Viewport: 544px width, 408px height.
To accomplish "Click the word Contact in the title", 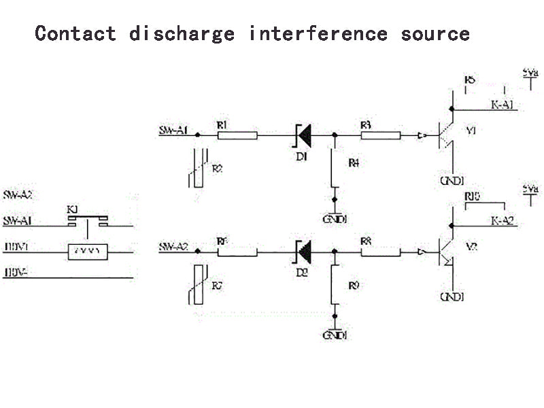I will [x=75, y=33].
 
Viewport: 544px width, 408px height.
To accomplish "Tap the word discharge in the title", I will [x=182, y=33].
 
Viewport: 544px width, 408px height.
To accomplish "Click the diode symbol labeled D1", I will [x=303, y=135].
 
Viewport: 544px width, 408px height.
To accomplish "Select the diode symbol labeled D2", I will [x=303, y=252].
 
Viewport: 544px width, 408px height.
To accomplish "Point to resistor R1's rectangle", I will [x=237, y=135].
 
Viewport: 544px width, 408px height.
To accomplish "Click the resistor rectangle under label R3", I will [x=380, y=135].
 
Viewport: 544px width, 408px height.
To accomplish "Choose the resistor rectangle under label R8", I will [x=380, y=252].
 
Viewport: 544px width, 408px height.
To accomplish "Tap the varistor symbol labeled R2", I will [x=197, y=168].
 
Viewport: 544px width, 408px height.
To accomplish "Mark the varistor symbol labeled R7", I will [x=197, y=286].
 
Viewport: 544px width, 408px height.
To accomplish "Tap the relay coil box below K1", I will [x=86, y=251].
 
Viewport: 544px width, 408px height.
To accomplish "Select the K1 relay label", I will [x=73, y=209].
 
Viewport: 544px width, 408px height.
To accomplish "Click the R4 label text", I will [x=353, y=163].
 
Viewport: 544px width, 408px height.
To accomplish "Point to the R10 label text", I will [x=472, y=196].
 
